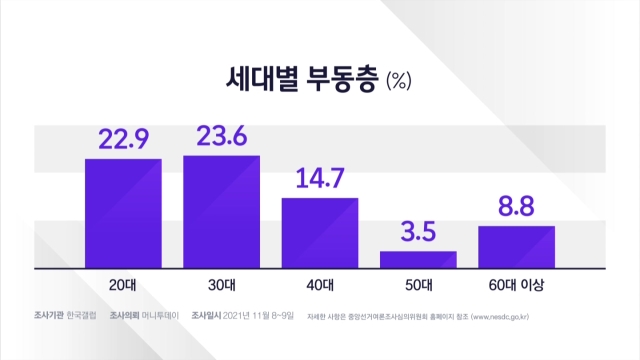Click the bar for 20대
(123, 213)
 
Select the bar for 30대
(222, 212)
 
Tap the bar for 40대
(320, 233)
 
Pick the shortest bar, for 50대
(418, 260)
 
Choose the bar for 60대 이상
(517, 247)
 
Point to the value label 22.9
(124, 139)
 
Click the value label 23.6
(222, 136)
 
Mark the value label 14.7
(320, 178)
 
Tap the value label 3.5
(418, 231)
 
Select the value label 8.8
(516, 206)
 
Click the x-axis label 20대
(122, 285)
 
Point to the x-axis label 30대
(222, 285)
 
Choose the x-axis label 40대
(320, 285)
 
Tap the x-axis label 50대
(419, 285)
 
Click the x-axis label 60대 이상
(516, 285)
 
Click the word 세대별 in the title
(262, 79)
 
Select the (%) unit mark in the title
(399, 80)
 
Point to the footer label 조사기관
(49, 316)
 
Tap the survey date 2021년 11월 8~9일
(258, 316)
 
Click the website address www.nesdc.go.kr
(500, 317)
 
